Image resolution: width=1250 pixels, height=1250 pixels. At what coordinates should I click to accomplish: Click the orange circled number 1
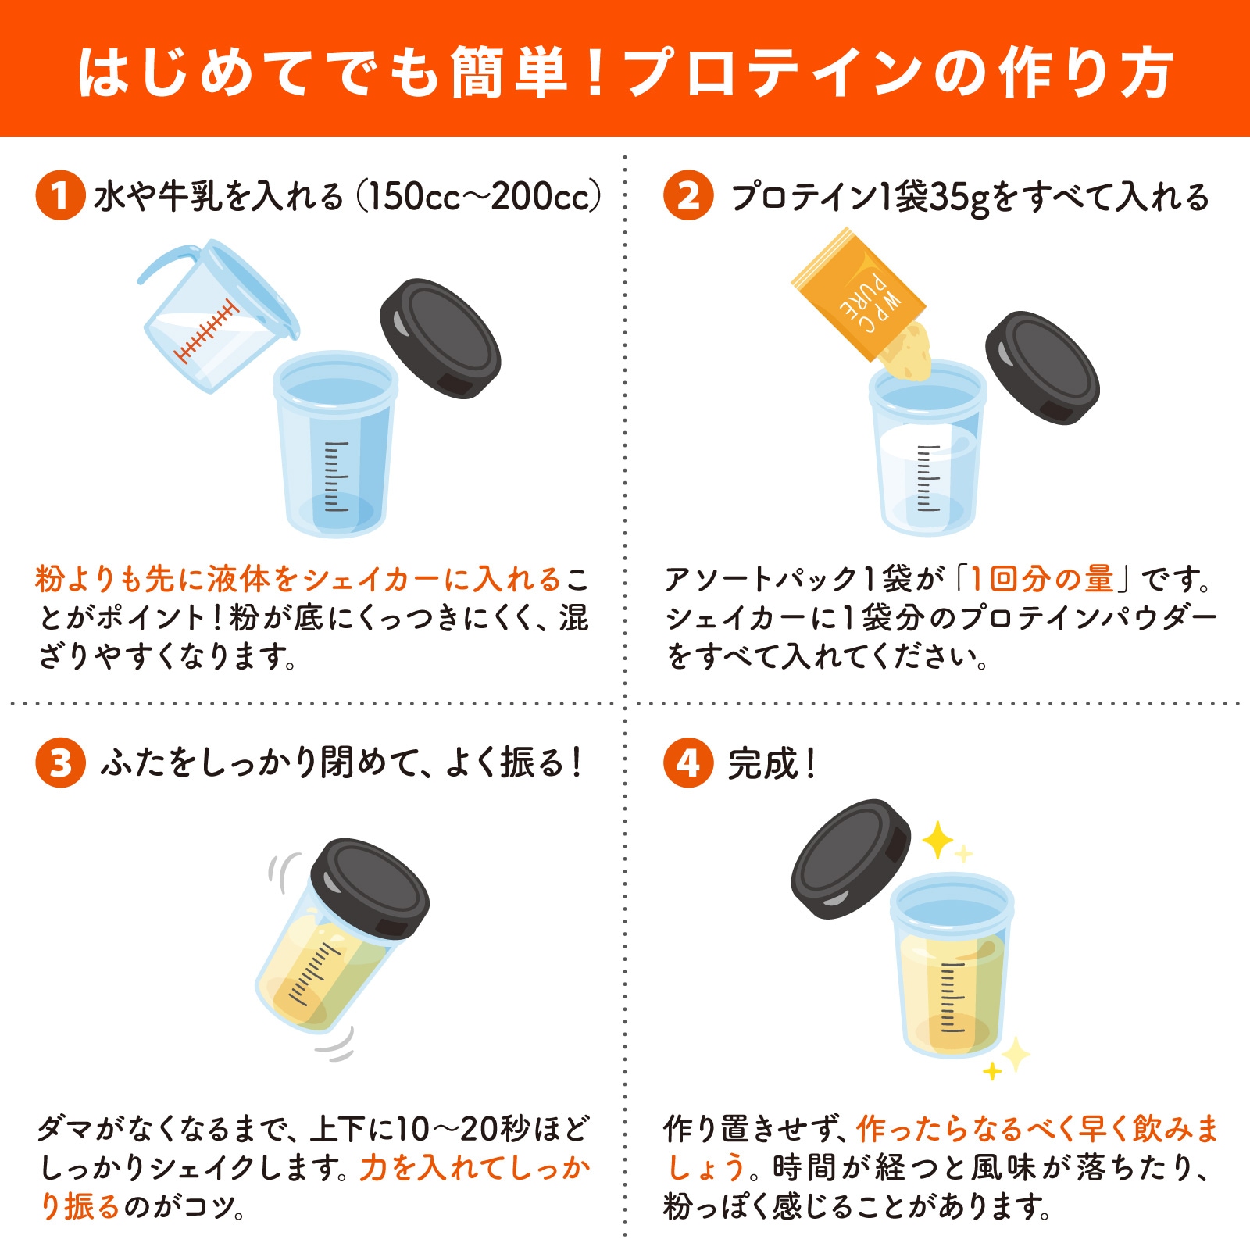tap(60, 195)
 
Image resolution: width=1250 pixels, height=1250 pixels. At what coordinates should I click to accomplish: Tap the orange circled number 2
tap(687, 195)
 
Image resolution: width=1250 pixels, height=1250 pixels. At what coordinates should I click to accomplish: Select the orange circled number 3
tap(60, 762)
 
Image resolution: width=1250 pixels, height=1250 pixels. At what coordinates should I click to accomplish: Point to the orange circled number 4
tap(687, 762)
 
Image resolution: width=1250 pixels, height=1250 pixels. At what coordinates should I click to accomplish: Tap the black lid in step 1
tap(440, 338)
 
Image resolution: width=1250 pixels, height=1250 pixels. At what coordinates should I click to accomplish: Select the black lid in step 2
tap(1042, 367)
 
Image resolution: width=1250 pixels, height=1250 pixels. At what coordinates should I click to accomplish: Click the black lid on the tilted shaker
tap(370, 888)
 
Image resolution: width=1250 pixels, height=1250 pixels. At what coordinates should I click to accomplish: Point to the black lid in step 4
tap(852, 858)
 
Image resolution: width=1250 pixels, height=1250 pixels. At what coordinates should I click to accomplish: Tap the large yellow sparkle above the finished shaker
tap(937, 841)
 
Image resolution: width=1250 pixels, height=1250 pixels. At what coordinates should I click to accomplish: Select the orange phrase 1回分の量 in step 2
tap(1041, 579)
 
